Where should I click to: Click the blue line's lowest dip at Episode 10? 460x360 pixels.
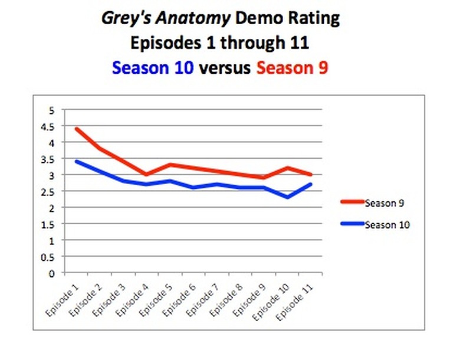pos(287,197)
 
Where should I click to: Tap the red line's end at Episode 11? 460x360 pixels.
pos(310,175)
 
